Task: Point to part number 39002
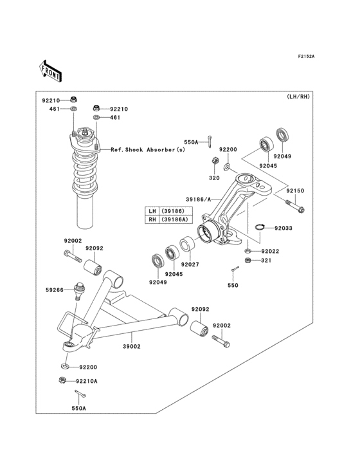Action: [x=132, y=346]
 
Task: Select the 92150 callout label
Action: [x=295, y=191]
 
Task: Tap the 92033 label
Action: [x=284, y=228]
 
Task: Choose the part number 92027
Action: [x=190, y=264]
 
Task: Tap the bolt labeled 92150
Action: [x=295, y=206]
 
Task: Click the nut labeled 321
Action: [x=248, y=260]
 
